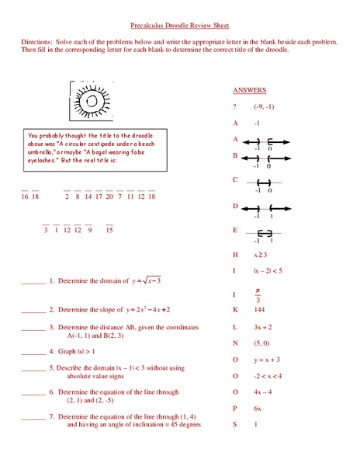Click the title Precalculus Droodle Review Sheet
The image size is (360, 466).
(180, 25)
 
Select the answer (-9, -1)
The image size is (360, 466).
(264, 106)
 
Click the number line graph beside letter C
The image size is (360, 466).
(263, 183)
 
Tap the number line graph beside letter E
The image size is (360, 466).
(264, 234)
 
